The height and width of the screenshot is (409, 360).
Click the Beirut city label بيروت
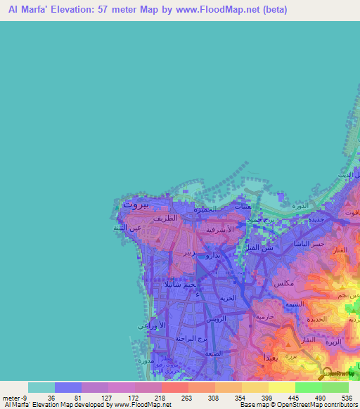click(136, 204)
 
